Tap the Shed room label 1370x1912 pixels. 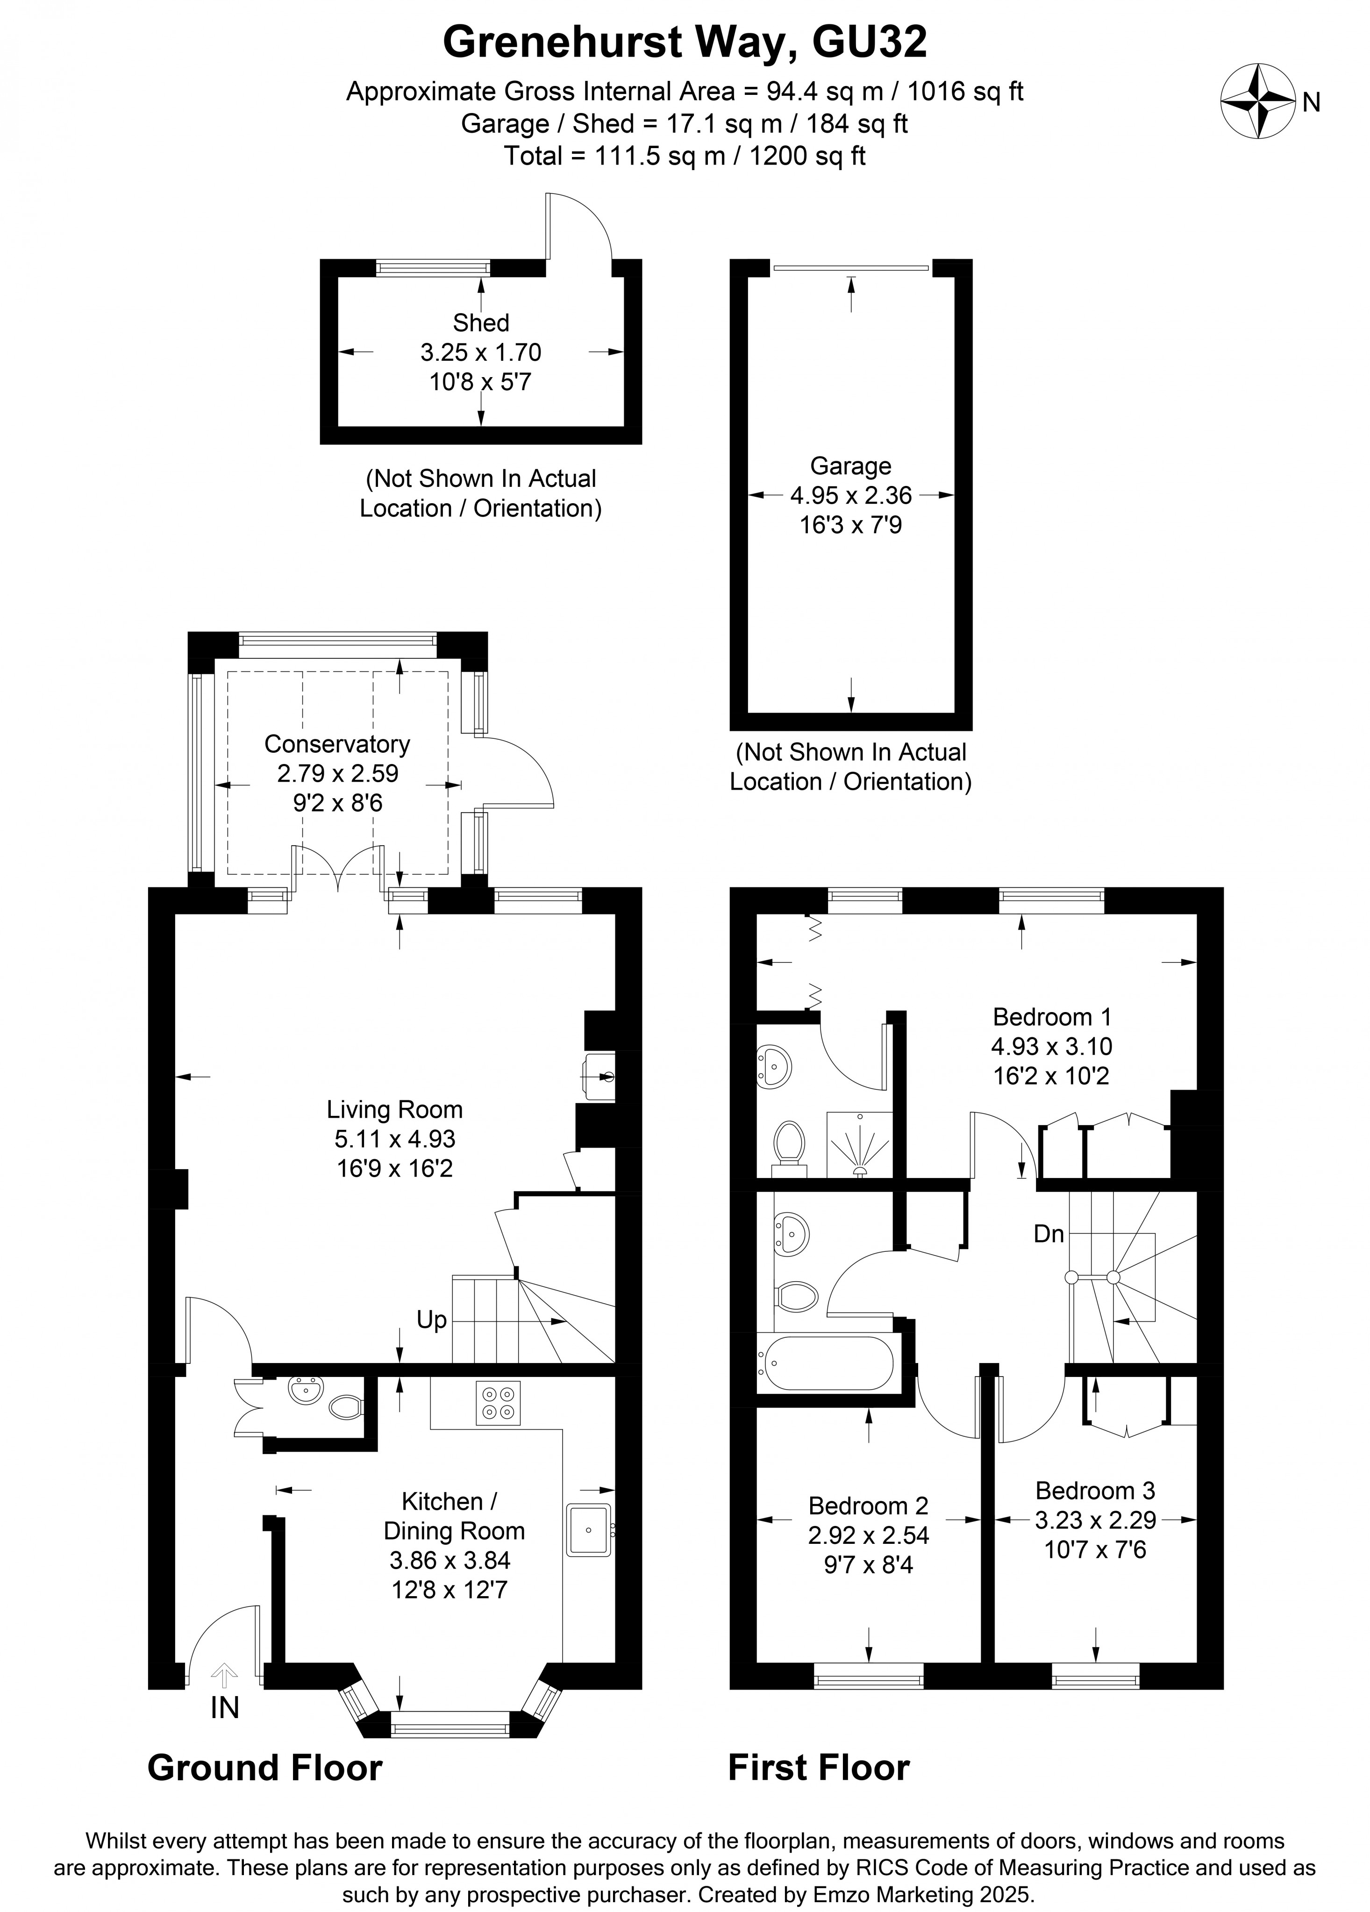(x=480, y=323)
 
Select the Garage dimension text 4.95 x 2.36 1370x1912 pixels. (x=851, y=496)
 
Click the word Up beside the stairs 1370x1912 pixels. (x=431, y=1320)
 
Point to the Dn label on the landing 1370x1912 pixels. (x=1049, y=1234)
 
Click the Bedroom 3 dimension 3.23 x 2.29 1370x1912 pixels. (x=1095, y=1520)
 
